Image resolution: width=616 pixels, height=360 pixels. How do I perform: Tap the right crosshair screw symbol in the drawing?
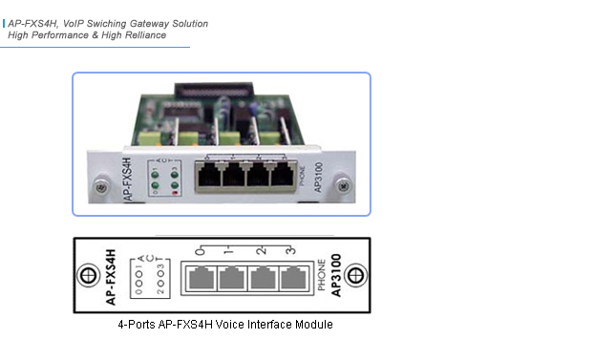point(355,275)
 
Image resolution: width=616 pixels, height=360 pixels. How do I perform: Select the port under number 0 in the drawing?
point(201,280)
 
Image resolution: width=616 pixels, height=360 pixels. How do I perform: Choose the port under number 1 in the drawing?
point(230,280)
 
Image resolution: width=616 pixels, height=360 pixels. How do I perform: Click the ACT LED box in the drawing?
point(139,275)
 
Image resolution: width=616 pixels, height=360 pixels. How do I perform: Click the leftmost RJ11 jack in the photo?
point(205,175)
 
